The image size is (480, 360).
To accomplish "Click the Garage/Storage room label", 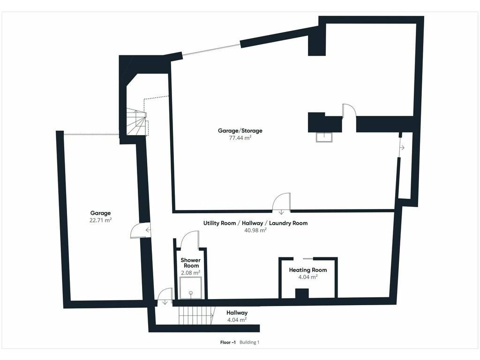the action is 240,131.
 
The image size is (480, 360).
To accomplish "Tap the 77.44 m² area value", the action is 240,138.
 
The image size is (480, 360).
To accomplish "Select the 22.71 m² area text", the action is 100,220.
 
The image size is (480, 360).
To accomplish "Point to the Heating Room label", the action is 307,270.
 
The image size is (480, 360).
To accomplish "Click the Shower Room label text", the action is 190,263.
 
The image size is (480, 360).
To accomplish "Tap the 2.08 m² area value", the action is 190,273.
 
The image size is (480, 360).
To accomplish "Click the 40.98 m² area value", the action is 255,230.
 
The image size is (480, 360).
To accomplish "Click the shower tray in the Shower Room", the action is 191,288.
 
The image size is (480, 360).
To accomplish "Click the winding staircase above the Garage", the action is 137,122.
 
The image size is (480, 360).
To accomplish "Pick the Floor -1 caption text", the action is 228,342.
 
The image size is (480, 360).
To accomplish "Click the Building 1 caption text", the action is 249,342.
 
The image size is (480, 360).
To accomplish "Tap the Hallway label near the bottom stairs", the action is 237,313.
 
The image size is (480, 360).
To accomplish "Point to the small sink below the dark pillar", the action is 324,137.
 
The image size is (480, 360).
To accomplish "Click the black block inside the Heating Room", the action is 302,293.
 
